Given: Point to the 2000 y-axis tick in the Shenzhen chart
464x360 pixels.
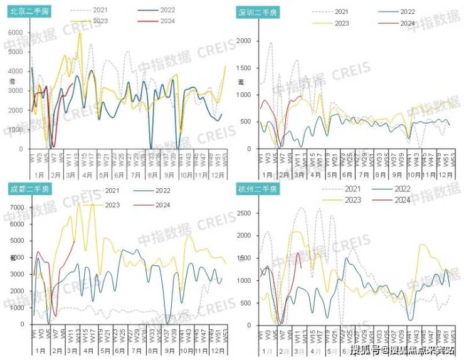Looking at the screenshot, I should [245, 41].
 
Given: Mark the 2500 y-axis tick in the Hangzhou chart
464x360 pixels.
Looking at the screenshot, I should [245, 213].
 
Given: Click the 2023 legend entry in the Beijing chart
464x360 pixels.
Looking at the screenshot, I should [93, 21].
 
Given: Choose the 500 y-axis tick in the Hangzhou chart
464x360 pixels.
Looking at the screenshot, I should [246, 303].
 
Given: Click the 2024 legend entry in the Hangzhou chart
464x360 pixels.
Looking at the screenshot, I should [401, 199].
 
